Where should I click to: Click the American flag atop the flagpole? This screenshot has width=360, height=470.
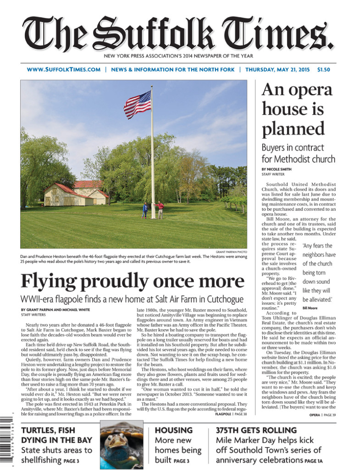[x=137, y=104]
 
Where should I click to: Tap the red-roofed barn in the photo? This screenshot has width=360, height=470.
[x=76, y=193]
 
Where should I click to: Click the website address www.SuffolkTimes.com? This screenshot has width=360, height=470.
[x=63, y=70]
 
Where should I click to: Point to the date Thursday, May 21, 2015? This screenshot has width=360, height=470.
[x=277, y=70]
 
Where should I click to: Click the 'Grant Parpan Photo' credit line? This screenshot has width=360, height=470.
[x=231, y=252]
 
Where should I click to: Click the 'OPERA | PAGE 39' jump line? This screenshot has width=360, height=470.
[x=322, y=415]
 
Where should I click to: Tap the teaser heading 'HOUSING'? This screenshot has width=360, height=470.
[x=173, y=430]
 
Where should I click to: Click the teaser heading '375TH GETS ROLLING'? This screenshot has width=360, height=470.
[x=256, y=430]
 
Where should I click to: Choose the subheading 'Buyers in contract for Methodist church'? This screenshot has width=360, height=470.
[x=298, y=153]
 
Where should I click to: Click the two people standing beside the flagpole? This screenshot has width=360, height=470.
[x=152, y=210]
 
